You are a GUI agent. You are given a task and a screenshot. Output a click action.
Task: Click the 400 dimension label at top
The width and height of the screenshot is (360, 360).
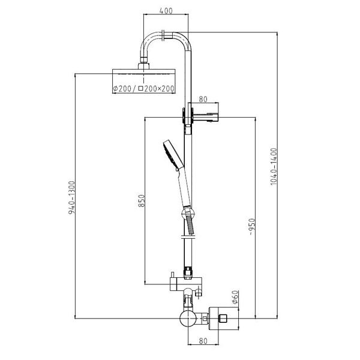(x=166, y=11)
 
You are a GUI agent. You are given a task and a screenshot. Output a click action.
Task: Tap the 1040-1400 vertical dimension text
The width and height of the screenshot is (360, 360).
(x=274, y=166)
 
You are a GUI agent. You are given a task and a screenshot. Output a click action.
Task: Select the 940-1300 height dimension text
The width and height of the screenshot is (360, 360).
(x=71, y=197)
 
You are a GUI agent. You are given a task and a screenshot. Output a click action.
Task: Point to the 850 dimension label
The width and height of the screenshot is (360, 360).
(x=142, y=200)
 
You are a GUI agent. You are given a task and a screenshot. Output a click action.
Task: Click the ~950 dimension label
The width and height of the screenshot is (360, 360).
(x=252, y=227)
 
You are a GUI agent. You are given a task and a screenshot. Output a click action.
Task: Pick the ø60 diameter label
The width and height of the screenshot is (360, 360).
(x=235, y=297)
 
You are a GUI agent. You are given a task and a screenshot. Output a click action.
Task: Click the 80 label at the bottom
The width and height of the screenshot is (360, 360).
(x=203, y=341)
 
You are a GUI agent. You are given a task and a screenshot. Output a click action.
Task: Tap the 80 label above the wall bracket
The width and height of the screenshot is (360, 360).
(x=203, y=99)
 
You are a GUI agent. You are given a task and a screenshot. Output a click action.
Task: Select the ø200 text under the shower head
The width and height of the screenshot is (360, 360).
(x=122, y=88)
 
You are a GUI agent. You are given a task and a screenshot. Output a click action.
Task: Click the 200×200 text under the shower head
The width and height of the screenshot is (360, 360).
(x=159, y=88)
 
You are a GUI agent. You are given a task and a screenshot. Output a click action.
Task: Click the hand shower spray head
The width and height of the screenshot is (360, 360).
(x=173, y=154)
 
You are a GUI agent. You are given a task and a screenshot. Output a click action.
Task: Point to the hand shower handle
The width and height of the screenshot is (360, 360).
(x=184, y=187)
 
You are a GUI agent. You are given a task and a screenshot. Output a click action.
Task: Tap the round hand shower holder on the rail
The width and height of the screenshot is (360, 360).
(x=188, y=213)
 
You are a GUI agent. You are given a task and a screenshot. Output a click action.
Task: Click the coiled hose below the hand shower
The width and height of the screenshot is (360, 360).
(x=191, y=225)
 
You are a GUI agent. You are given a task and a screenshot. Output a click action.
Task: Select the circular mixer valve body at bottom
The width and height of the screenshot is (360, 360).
(x=188, y=319)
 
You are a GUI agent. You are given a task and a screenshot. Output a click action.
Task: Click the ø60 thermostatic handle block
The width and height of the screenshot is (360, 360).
(x=224, y=318)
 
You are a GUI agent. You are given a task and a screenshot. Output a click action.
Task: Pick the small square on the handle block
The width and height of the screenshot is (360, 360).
(x=223, y=319)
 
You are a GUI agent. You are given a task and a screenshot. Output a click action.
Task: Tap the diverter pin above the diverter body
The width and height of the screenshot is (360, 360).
(x=172, y=275)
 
